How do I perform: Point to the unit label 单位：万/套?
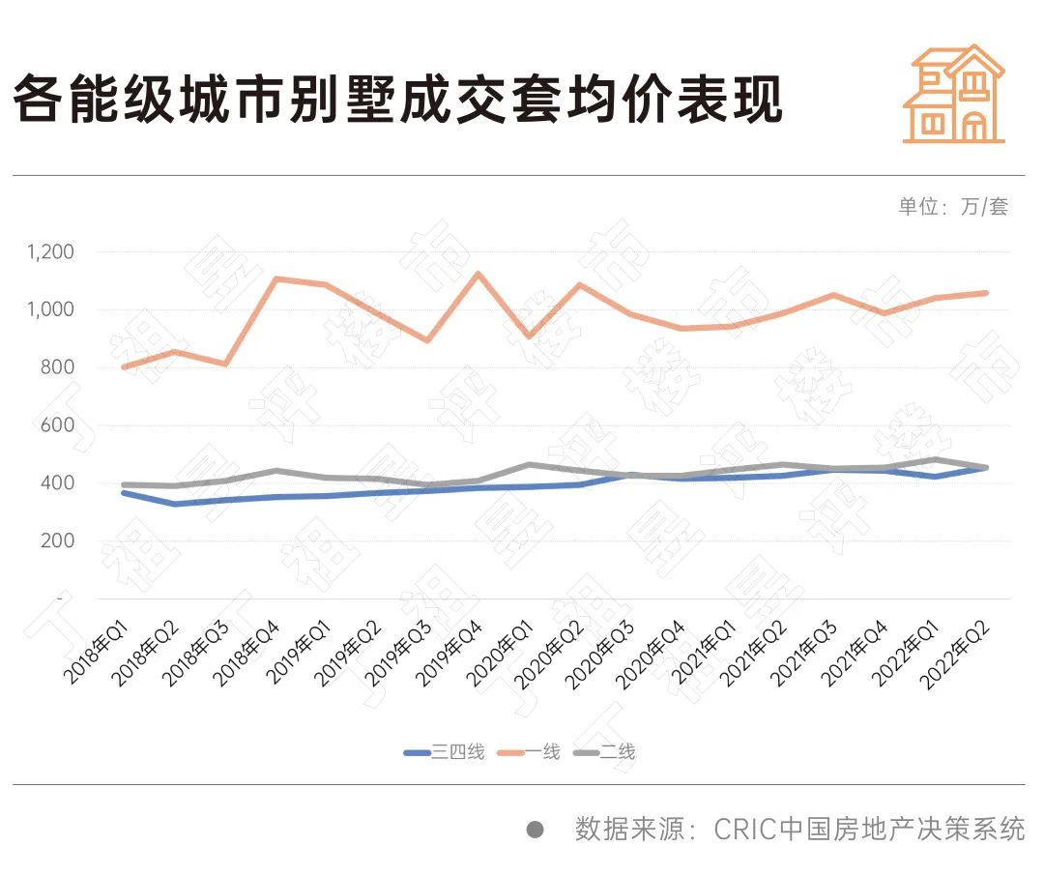coord(953,207)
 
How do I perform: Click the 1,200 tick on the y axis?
coord(51,252)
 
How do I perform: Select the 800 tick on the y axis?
coord(58,367)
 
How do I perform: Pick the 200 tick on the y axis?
coord(58,540)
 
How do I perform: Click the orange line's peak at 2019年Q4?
coord(477,274)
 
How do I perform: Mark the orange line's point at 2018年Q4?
coord(275,278)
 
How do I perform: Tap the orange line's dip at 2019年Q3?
coord(426,340)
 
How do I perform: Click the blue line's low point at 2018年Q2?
coord(174,504)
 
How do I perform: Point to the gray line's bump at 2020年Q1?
coord(528,465)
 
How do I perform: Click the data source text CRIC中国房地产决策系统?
coord(869,830)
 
